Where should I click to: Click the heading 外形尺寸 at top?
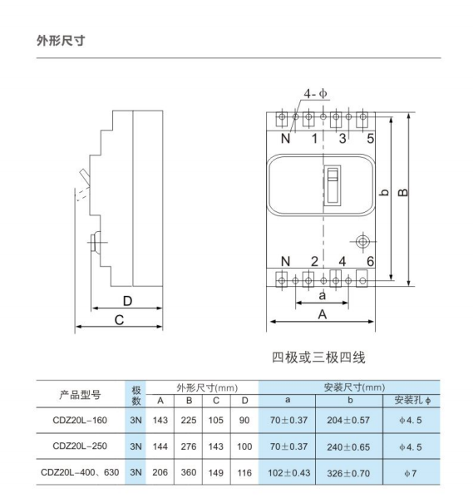(x=61, y=41)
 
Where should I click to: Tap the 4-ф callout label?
(x=315, y=94)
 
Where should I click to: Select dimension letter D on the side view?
(x=127, y=301)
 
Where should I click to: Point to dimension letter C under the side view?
(x=119, y=320)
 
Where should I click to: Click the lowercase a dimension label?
(x=322, y=296)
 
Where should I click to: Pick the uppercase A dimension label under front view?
(x=322, y=314)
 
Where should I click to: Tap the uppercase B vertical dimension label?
(x=403, y=193)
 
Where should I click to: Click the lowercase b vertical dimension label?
(x=384, y=193)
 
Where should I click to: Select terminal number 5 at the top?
(x=371, y=139)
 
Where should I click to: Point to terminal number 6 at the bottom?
(x=371, y=261)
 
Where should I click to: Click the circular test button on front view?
(x=362, y=242)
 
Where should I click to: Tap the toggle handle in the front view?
(x=333, y=184)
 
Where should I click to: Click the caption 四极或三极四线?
(x=318, y=357)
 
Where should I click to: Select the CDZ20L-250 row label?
(x=80, y=446)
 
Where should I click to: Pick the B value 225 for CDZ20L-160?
(x=189, y=420)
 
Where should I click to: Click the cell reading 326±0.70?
(x=348, y=473)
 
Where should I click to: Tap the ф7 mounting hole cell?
(x=410, y=473)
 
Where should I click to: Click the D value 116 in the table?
(x=244, y=473)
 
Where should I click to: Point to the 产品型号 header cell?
(x=80, y=395)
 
